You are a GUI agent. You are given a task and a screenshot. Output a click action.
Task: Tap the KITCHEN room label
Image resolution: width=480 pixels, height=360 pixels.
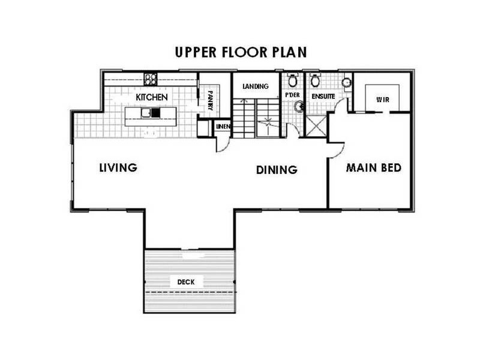click(152, 97)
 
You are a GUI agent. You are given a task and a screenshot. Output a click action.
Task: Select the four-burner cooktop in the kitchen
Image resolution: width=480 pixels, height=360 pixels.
click(151, 79)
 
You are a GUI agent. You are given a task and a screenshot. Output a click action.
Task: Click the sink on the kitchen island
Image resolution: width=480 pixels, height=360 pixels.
click(146, 113)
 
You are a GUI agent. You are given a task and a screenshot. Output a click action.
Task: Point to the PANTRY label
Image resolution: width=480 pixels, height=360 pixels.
click(211, 100)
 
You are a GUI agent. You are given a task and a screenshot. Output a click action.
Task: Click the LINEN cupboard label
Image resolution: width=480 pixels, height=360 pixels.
click(223, 127)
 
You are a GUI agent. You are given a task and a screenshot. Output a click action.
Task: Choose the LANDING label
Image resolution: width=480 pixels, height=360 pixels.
click(256, 86)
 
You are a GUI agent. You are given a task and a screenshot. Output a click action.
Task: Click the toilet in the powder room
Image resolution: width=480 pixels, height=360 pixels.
click(293, 80)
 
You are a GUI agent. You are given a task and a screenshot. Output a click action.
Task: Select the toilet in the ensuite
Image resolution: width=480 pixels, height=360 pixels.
click(314, 80)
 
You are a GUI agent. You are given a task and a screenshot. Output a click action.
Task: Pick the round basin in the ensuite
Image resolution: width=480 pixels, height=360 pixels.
click(347, 82)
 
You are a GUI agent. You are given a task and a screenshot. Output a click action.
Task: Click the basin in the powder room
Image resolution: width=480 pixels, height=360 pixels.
click(298, 106)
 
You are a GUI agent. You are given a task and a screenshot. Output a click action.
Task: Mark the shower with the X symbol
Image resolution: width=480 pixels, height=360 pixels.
click(316, 126)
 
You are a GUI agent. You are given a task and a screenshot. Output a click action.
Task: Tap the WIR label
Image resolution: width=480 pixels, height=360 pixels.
click(383, 100)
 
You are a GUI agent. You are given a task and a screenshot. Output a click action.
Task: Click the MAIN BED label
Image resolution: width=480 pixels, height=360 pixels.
click(374, 168)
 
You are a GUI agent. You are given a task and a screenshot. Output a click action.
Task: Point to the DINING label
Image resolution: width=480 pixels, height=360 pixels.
click(277, 170)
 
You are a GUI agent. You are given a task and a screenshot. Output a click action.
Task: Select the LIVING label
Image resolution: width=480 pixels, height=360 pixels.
click(118, 168)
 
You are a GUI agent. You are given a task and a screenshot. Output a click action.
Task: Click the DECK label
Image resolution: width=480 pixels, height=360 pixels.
click(186, 282)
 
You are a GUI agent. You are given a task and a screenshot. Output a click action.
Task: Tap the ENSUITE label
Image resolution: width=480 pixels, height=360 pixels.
click(323, 97)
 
